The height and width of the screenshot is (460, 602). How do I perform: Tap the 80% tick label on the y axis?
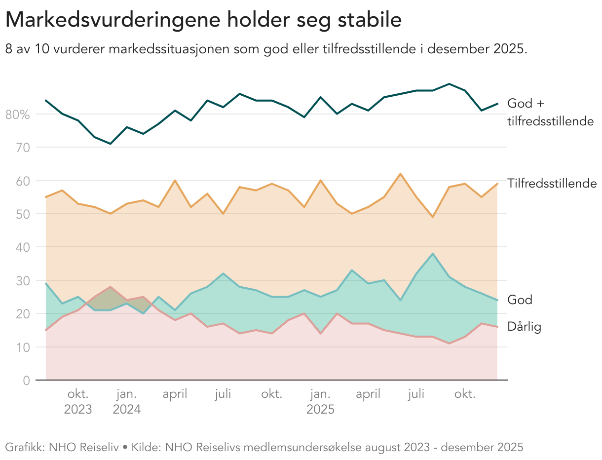point(17,115)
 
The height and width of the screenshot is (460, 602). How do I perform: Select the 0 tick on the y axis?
point(26,381)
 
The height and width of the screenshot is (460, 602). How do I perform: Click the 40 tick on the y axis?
point(23,247)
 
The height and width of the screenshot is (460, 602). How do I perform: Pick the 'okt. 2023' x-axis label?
point(78,402)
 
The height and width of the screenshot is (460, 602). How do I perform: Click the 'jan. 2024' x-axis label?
point(126,402)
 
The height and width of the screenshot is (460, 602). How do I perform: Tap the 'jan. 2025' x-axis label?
point(320,402)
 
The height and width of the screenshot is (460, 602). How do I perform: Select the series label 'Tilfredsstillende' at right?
point(552,184)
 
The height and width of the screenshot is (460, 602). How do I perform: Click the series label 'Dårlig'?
point(524,327)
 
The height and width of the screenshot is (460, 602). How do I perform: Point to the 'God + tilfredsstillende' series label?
point(550,112)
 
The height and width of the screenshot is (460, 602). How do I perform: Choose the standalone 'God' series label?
point(520,300)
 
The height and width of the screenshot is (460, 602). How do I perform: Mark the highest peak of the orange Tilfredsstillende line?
point(400,174)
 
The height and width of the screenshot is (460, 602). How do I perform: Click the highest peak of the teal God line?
point(433,254)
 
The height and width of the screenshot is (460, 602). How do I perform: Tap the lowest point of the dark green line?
point(111,144)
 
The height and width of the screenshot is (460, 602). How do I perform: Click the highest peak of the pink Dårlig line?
point(111,287)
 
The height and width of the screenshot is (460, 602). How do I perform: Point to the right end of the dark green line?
point(497,104)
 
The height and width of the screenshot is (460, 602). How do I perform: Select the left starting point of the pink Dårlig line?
point(46,330)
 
